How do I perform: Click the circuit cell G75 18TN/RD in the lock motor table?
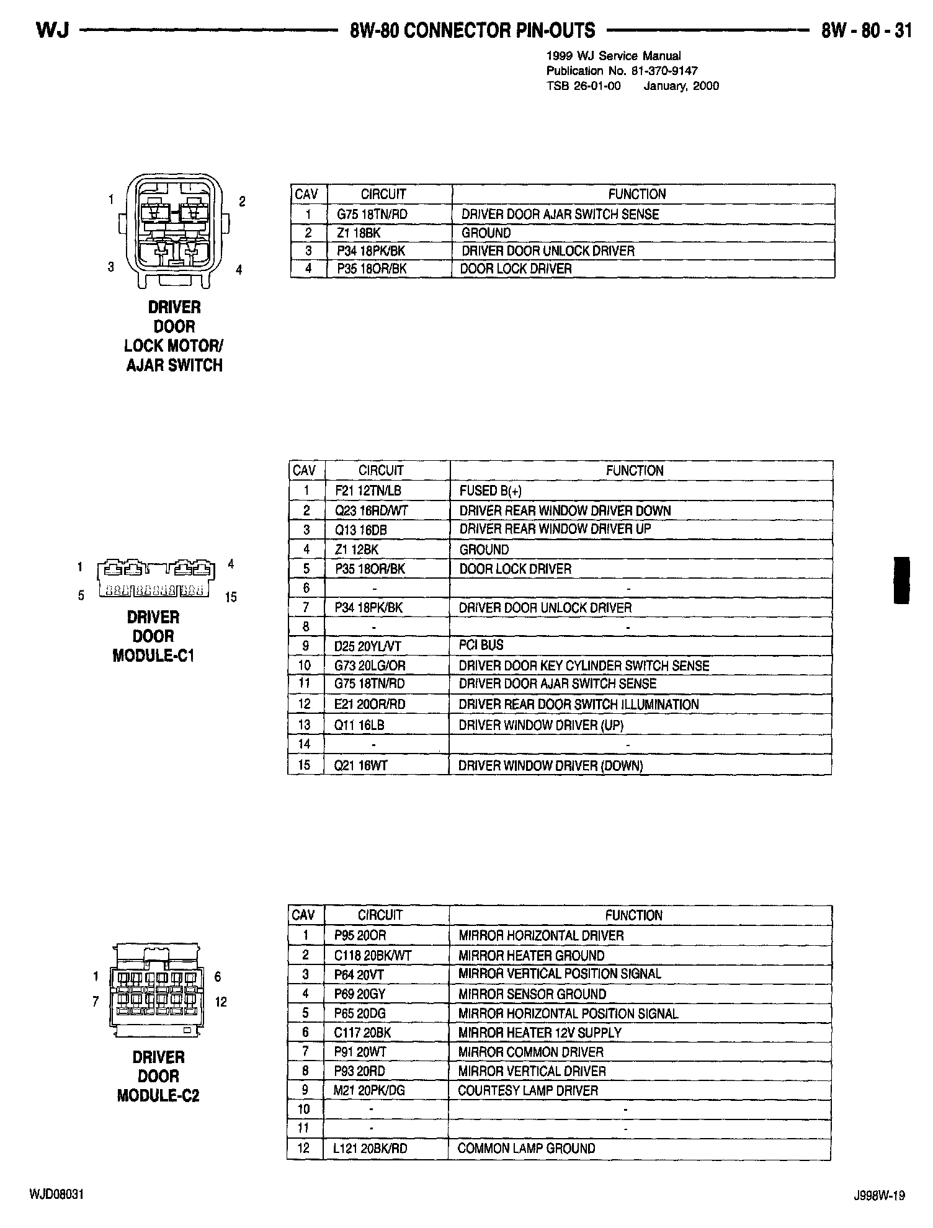click(372, 215)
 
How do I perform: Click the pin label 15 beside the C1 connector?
click(231, 597)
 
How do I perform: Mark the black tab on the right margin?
click(901, 580)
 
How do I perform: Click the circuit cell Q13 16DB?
click(360, 530)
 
